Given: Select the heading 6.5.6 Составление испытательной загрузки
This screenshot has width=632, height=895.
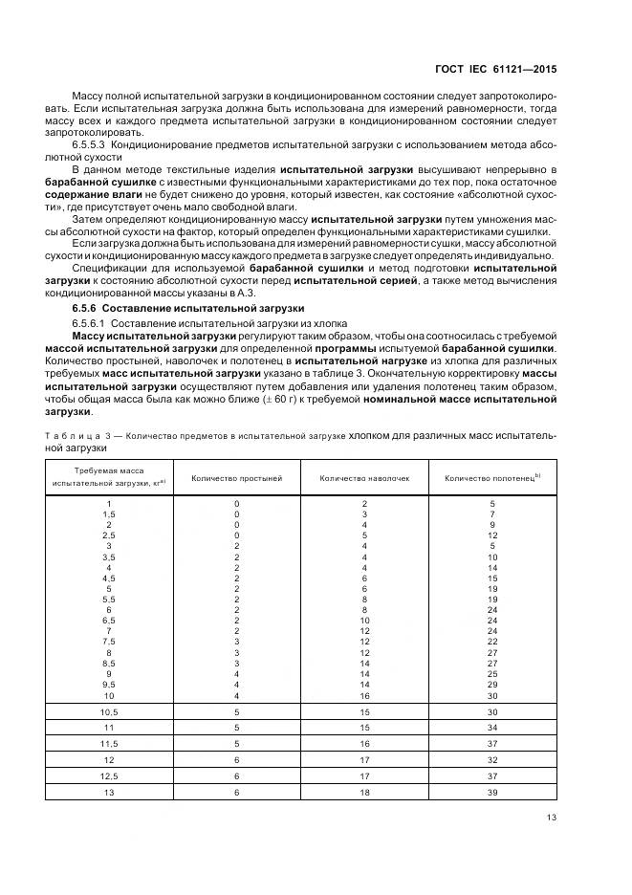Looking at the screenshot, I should (187, 309).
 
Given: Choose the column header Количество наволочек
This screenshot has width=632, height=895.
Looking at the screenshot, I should (364, 477).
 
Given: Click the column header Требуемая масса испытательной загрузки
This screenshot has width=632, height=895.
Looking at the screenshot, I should (108, 477).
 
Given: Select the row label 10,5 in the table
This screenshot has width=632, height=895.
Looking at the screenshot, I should (108, 712).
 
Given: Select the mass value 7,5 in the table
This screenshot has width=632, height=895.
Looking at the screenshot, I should (108, 641).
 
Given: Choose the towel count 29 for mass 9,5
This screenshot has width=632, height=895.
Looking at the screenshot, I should (492, 685).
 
